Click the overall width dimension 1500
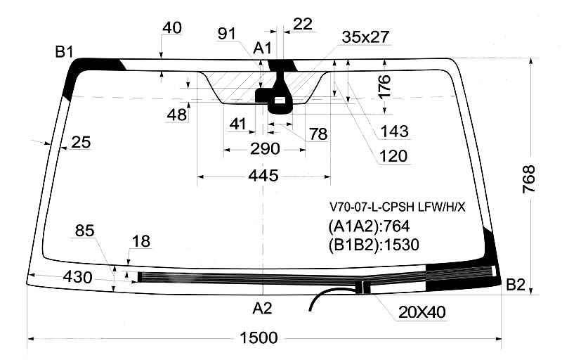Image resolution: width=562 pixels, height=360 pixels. pos(258,338)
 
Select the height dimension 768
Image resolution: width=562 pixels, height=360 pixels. pos(529,179)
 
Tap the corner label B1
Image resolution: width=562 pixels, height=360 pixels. pos(64,52)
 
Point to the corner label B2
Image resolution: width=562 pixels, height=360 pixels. pos(516,285)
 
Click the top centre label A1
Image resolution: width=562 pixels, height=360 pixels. pos(263,48)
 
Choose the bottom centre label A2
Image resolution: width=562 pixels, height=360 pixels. pos(262,308)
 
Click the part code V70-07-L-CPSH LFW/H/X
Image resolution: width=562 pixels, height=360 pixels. pos(398,207)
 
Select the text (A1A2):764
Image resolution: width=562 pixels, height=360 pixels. pos(369,226)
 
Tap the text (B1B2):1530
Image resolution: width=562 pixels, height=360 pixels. pos(374,245)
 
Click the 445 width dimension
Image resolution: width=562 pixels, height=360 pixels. pos(263,176)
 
